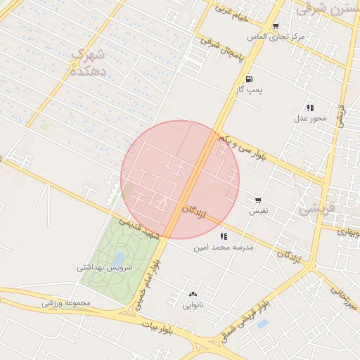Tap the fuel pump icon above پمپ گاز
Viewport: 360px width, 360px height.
250,79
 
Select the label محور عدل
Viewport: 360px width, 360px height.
310,118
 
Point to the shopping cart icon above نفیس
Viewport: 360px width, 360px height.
259,200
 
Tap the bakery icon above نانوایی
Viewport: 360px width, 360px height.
193,295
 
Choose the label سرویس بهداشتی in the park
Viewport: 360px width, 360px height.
103,267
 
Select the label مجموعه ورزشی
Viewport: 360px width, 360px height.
67,303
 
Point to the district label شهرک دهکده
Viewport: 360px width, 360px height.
90,62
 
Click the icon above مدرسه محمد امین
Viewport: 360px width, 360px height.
224,236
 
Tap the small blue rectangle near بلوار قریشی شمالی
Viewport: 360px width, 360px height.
262,324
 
